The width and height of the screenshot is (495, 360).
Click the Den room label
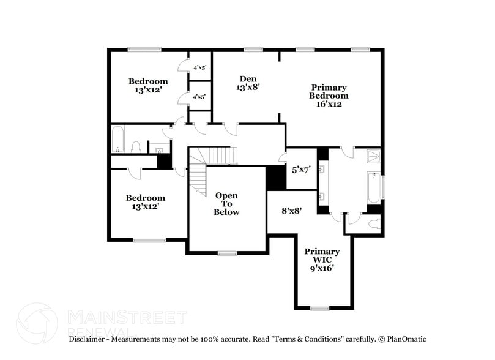[x=248, y=83]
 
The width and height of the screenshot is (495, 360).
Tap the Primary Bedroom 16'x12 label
[x=329, y=96]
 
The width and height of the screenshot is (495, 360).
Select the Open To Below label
[x=226, y=204]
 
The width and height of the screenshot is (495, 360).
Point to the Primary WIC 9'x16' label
[x=322, y=260]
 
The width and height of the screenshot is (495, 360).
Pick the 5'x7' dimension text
[x=300, y=170]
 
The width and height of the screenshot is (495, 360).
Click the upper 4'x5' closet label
[x=199, y=69]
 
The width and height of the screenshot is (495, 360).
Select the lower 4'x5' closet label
[x=199, y=97]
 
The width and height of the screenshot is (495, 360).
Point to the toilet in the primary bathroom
[x=374, y=224]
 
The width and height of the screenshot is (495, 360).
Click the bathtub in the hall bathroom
[x=118, y=139]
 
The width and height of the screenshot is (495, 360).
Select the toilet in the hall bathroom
[x=137, y=146]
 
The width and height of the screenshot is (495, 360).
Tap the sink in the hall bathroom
[x=160, y=148]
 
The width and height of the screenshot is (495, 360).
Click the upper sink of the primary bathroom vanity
[x=322, y=168]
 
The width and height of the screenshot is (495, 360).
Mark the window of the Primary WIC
[x=319, y=307]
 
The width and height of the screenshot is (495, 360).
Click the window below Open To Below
[x=227, y=253]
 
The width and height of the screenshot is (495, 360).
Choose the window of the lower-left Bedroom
[x=149, y=240]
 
